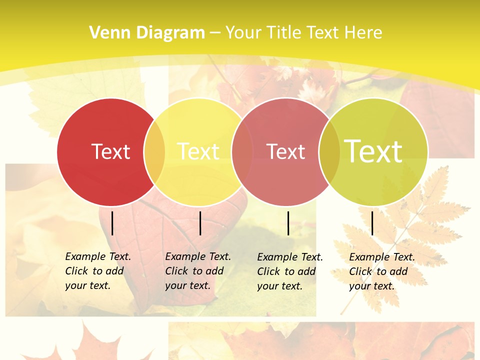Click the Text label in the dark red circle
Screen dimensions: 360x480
click(110, 151)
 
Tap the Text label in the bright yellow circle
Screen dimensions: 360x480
click(198, 151)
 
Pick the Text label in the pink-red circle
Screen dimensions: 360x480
click(285, 151)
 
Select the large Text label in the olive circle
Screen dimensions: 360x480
click(373, 151)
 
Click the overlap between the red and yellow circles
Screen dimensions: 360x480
click(154, 151)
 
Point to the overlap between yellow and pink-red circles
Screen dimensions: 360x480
click(242, 151)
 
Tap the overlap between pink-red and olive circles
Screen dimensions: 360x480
click(329, 151)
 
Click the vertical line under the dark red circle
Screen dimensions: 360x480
click(112, 223)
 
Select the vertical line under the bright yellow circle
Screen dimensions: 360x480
click(200, 223)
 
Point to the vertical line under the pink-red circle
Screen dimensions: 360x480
click(288, 223)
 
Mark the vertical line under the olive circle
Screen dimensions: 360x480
click(372, 223)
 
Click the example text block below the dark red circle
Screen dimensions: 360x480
click(97, 271)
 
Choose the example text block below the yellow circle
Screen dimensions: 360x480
click(197, 271)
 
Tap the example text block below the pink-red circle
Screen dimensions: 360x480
click(289, 271)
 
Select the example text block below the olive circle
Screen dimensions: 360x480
click(381, 271)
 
